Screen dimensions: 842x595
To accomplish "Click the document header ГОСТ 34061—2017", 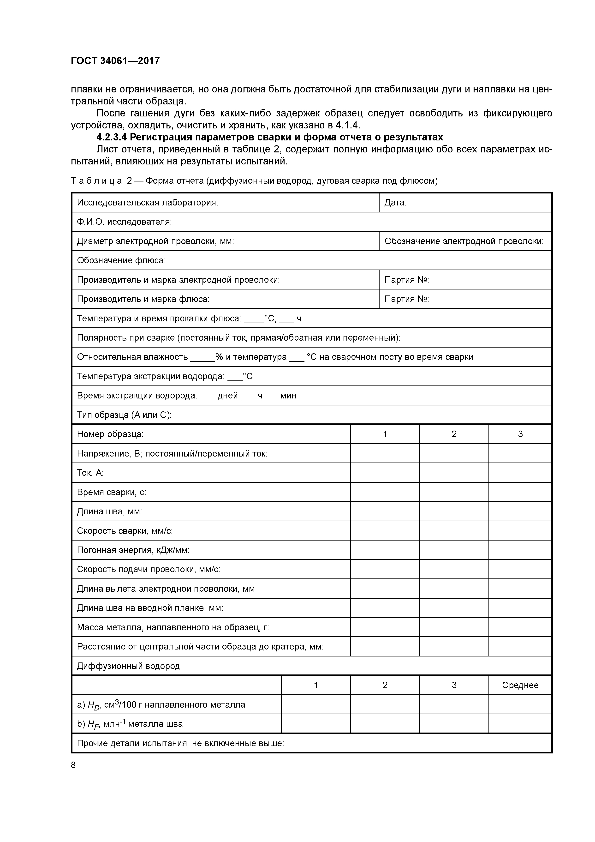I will tap(115, 61).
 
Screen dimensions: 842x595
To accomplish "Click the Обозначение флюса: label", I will tap(121, 260).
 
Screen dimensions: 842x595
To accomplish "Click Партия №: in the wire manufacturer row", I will tap(407, 280).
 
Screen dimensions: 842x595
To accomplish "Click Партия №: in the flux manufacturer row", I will tap(407, 299).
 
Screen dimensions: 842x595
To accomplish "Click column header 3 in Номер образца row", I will tap(520, 434).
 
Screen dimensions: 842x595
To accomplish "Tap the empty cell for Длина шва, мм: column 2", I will tap(454, 511).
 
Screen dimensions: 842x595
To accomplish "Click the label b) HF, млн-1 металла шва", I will tap(130, 724).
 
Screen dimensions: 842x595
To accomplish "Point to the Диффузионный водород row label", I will tap(128, 666).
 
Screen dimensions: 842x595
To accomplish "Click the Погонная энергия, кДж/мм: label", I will tap(133, 550).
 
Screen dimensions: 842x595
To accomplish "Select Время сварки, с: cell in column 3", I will tap(520, 492).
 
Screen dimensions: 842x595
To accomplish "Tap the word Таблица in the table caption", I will tap(96, 181).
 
